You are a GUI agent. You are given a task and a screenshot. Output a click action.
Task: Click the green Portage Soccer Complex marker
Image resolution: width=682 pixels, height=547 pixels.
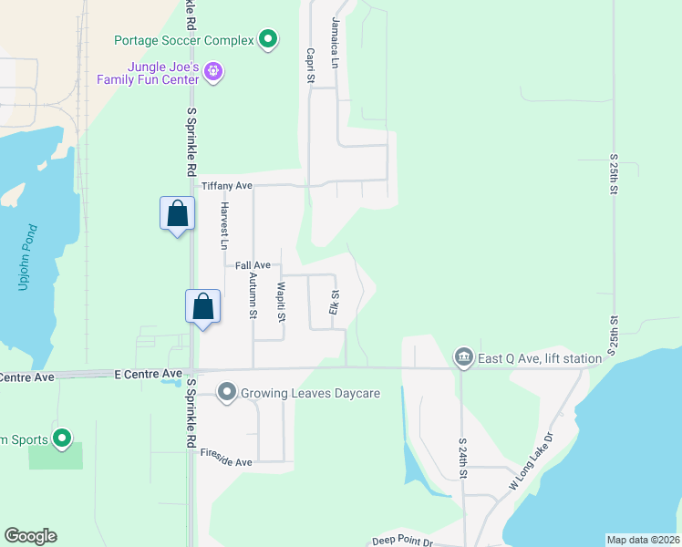pos(267,39)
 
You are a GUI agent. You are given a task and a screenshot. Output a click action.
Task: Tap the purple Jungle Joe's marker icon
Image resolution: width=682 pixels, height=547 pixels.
pos(212,70)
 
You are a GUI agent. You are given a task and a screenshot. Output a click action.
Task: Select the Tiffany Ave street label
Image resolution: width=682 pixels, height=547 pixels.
pos(225,185)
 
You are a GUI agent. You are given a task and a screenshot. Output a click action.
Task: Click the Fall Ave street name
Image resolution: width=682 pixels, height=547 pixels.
pos(252,265)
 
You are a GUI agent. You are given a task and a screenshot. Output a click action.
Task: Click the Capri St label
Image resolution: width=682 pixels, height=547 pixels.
pos(310,67)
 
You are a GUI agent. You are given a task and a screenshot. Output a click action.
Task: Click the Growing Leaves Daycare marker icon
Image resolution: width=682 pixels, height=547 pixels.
pos(227,394)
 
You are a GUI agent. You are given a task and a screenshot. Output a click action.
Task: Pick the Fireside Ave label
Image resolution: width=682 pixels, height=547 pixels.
pos(225,462)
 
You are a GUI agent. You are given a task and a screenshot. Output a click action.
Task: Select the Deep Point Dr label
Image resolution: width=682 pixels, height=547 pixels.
pos(403,541)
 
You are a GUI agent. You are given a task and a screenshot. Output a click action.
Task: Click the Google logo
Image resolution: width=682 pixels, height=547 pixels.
pos(30,536)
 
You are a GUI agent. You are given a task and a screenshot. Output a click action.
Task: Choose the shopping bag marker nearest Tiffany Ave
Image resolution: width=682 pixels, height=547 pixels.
pos(178,214)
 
